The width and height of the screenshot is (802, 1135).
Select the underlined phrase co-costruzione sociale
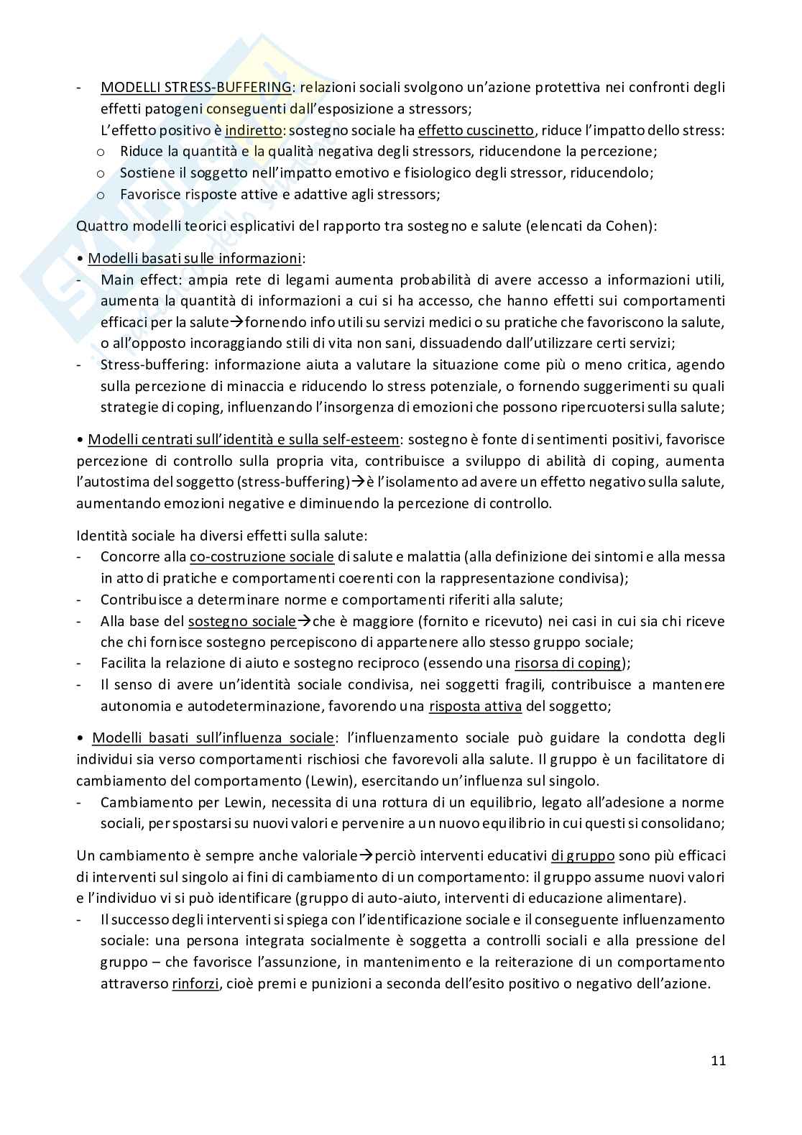(262, 556)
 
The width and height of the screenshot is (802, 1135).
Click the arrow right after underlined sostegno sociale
(304, 621)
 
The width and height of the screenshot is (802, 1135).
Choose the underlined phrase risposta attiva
(475, 706)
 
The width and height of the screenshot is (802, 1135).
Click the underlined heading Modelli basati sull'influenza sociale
(213, 738)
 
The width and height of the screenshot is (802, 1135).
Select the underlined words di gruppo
(583, 855)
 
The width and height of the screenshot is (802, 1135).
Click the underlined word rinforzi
(195, 984)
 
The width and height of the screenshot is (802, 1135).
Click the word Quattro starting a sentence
(101, 226)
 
